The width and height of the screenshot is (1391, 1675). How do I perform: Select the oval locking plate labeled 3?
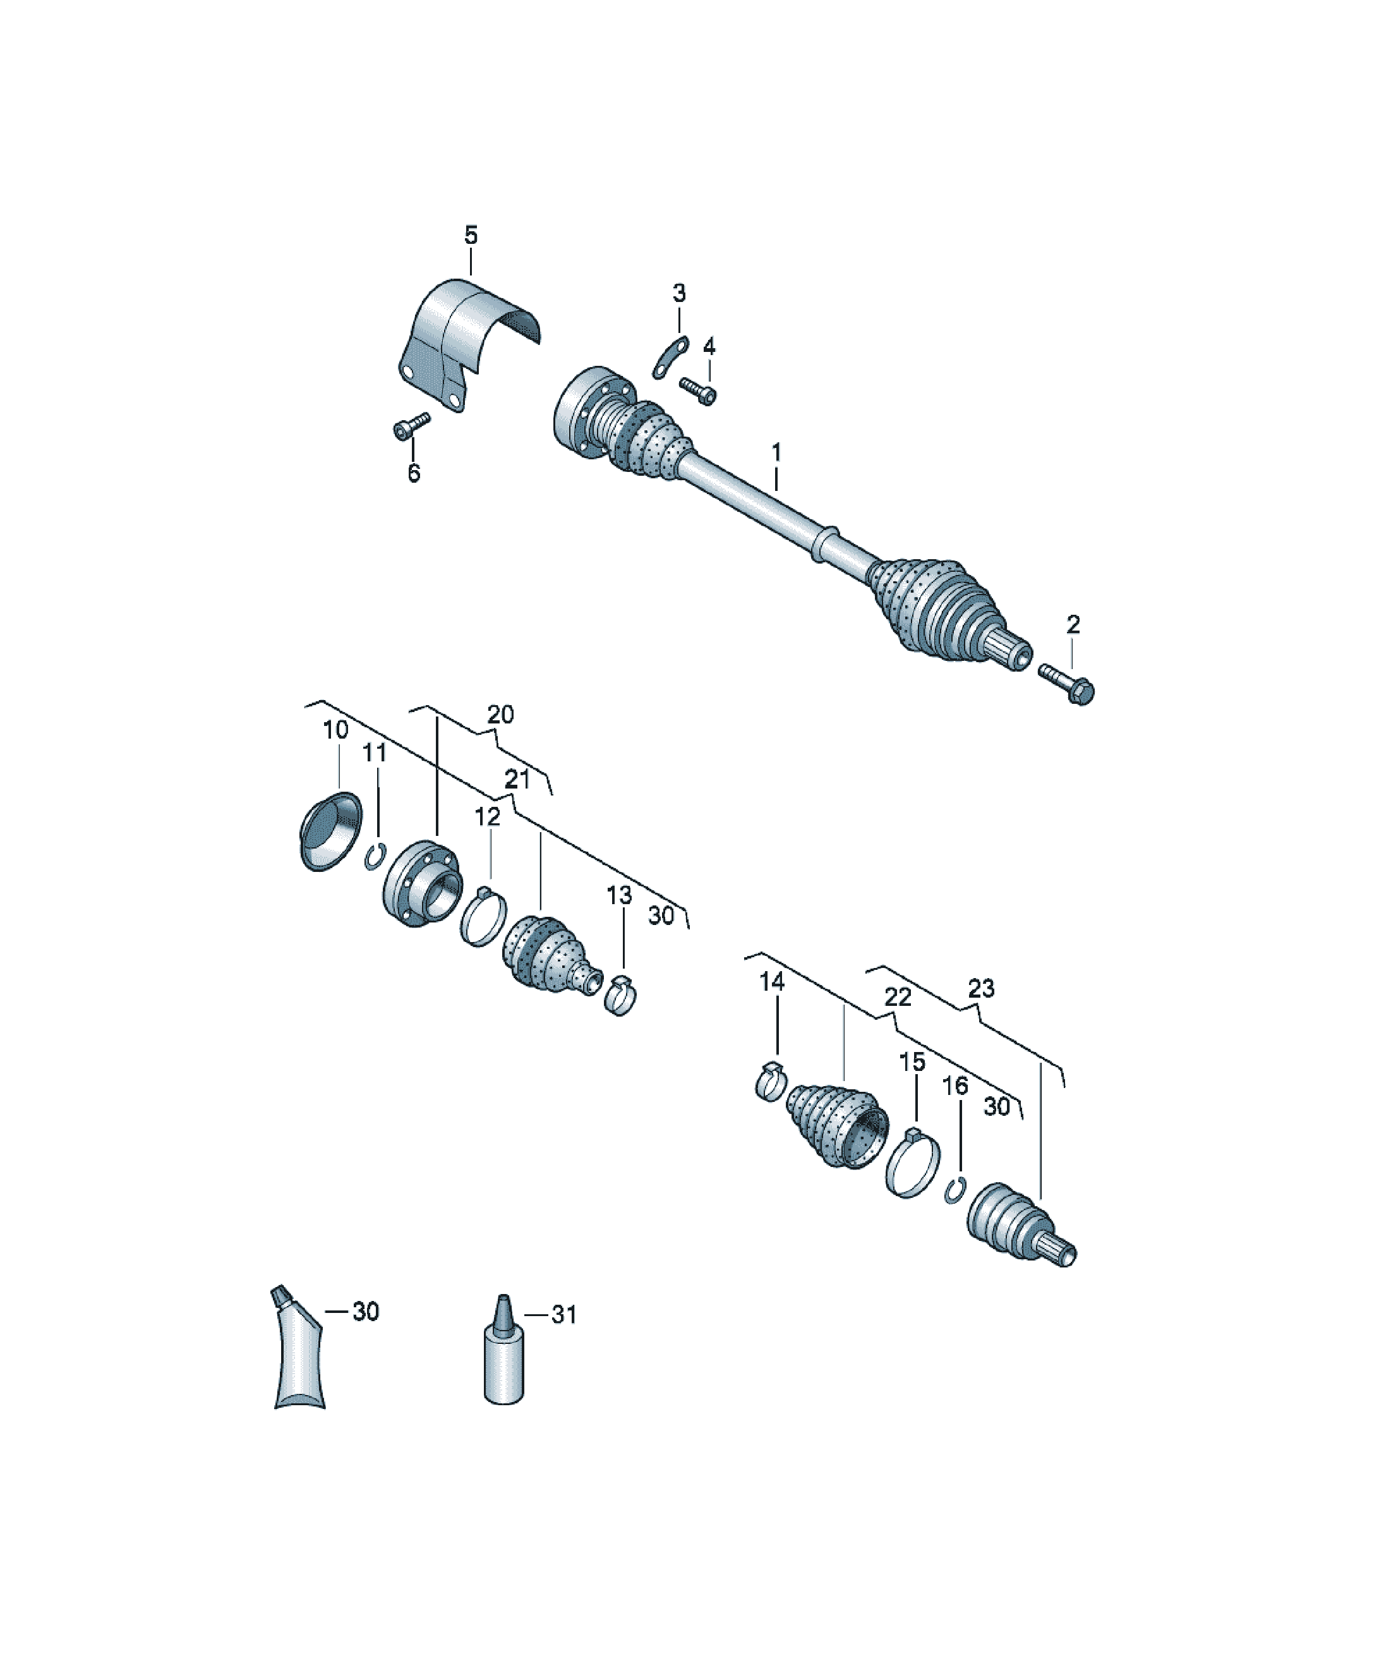pos(670,358)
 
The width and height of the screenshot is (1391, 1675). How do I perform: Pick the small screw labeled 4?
pos(699,391)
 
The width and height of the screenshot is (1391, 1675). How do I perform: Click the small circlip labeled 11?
pos(375,858)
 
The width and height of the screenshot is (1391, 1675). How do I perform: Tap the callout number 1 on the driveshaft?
pos(776,453)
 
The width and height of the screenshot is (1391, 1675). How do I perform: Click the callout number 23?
pos(981,989)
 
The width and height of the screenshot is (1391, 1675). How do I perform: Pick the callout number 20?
pos(500,715)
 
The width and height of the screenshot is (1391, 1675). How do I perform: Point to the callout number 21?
pos(517,779)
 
